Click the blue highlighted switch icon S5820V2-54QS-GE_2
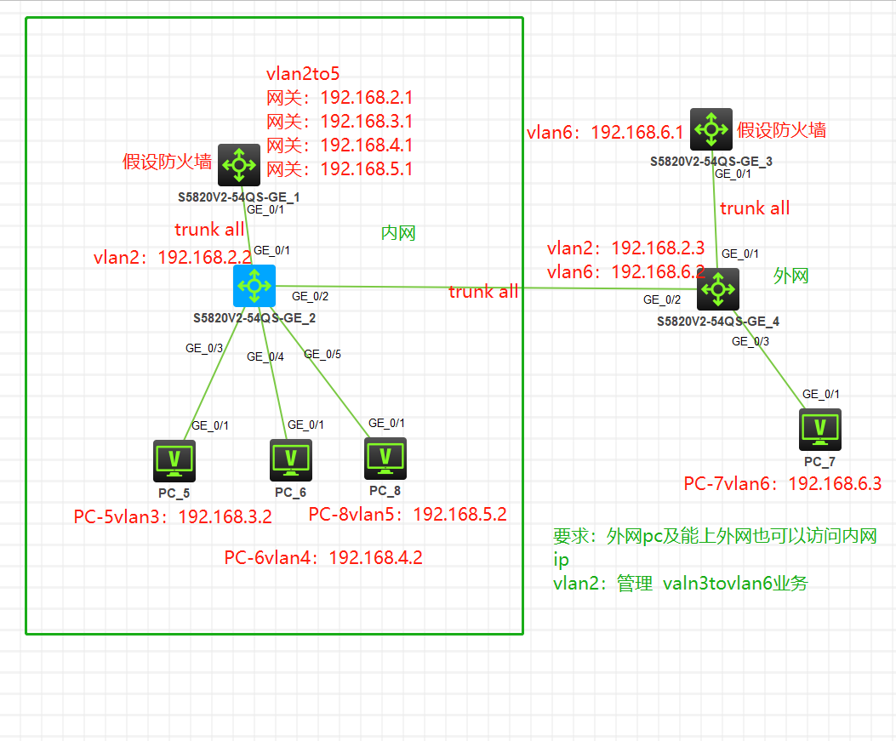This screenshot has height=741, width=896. tap(254, 285)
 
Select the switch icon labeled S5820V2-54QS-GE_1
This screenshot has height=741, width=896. tap(239, 164)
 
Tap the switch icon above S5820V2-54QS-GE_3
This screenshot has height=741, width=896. tap(711, 129)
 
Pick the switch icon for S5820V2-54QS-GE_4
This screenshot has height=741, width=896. tap(718, 289)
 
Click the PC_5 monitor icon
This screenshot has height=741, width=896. tap(174, 461)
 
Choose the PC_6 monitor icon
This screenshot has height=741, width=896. tap(290, 460)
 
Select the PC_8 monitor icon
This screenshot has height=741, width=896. tap(385, 459)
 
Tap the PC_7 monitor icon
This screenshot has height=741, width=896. tap(819, 430)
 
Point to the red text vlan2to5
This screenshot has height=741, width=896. tap(303, 73)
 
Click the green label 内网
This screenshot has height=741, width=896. tap(398, 233)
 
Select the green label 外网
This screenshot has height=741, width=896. tap(790, 276)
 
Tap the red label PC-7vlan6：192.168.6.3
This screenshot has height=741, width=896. tap(782, 484)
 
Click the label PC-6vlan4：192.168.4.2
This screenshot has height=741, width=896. tap(323, 558)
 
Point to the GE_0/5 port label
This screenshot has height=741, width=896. tap(322, 354)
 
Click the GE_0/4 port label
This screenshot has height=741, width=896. tap(265, 357)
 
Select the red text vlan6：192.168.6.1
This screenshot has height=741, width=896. tap(605, 133)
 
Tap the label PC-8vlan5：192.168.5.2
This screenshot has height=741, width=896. tap(408, 515)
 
